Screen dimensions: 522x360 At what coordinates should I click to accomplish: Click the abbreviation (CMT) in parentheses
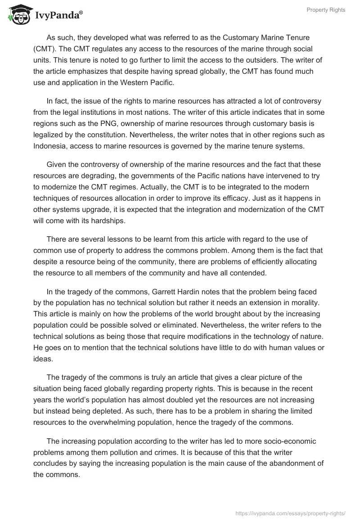[45, 49]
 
